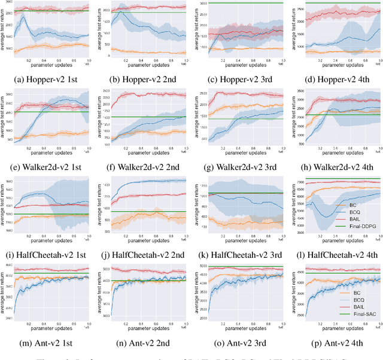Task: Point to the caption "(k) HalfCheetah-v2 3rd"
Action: [239, 255]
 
